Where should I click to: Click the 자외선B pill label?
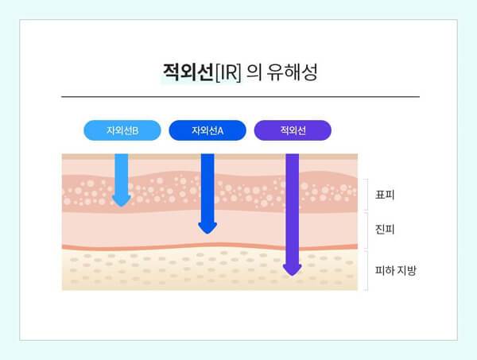tap(122, 130)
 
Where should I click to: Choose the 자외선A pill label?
tap(207, 130)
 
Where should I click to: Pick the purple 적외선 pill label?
tap(293, 130)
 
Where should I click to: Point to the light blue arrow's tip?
tap(121, 204)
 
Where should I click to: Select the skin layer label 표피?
tap(386, 194)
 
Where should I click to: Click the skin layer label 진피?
tap(386, 230)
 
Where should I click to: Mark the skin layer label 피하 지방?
tap(396, 270)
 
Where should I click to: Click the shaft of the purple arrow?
tap(293, 207)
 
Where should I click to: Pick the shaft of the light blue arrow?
tap(121, 171)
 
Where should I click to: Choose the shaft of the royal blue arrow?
tap(207, 187)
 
